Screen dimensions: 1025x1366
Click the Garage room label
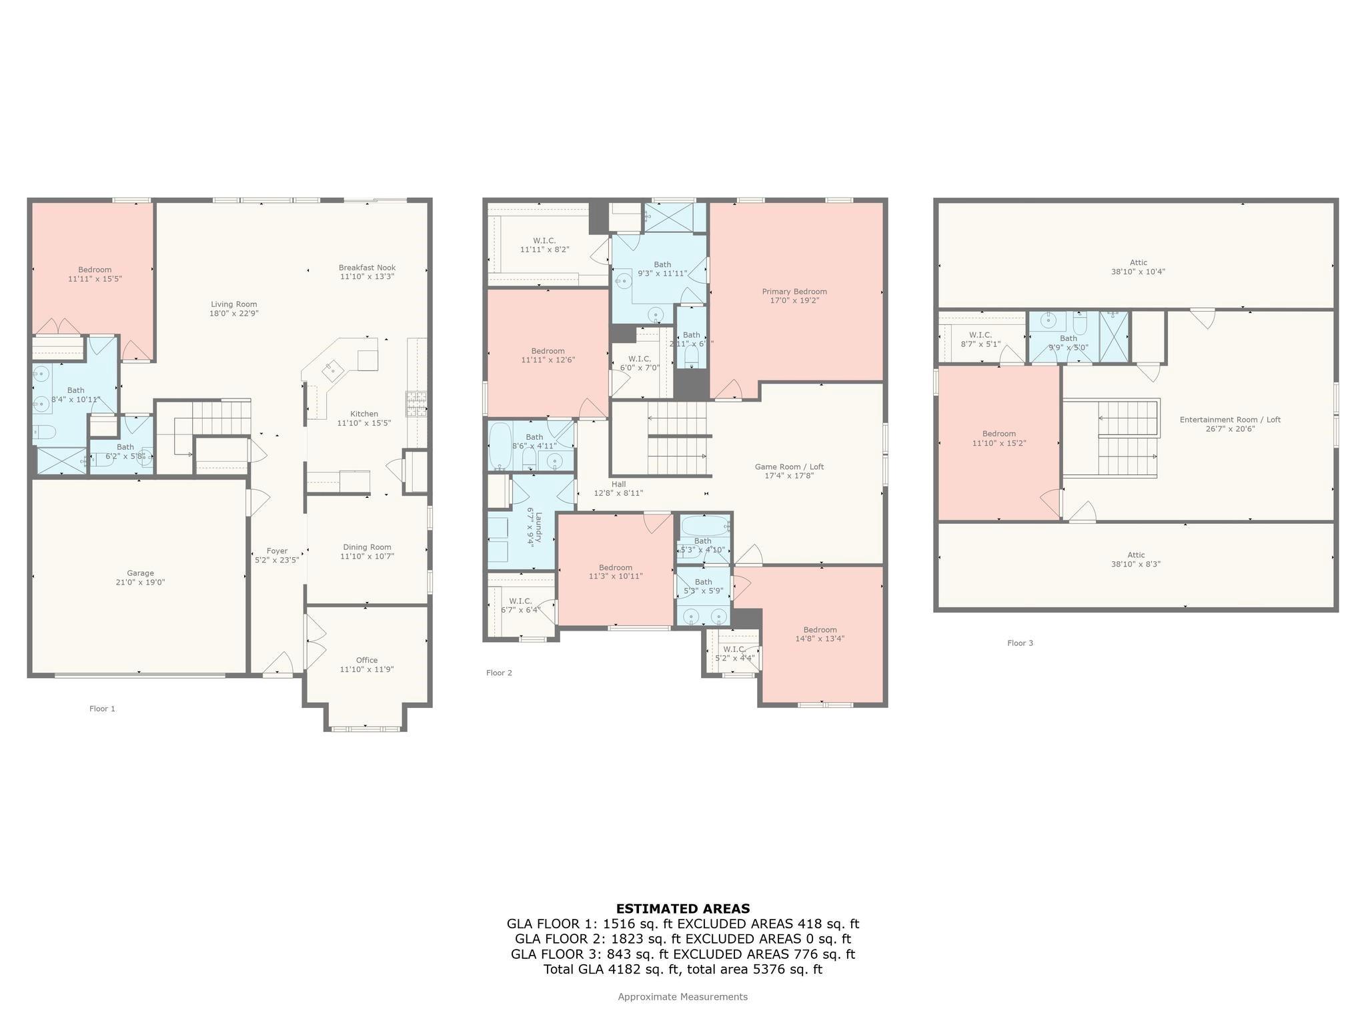[140, 573]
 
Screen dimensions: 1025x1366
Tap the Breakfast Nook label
[367, 268]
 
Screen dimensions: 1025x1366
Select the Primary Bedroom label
[794, 292]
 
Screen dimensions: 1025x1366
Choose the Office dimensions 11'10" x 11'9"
[367, 669]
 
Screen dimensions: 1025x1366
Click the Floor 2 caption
[499, 673]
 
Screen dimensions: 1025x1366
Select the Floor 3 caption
[1020, 643]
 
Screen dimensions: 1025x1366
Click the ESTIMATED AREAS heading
[682, 909]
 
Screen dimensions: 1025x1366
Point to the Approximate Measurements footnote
[682, 997]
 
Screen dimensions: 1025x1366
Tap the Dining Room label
[367, 547]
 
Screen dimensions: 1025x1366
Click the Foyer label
[277, 551]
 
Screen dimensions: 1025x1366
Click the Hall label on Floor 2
[618, 484]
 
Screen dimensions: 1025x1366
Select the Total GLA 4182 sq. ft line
[682, 970]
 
